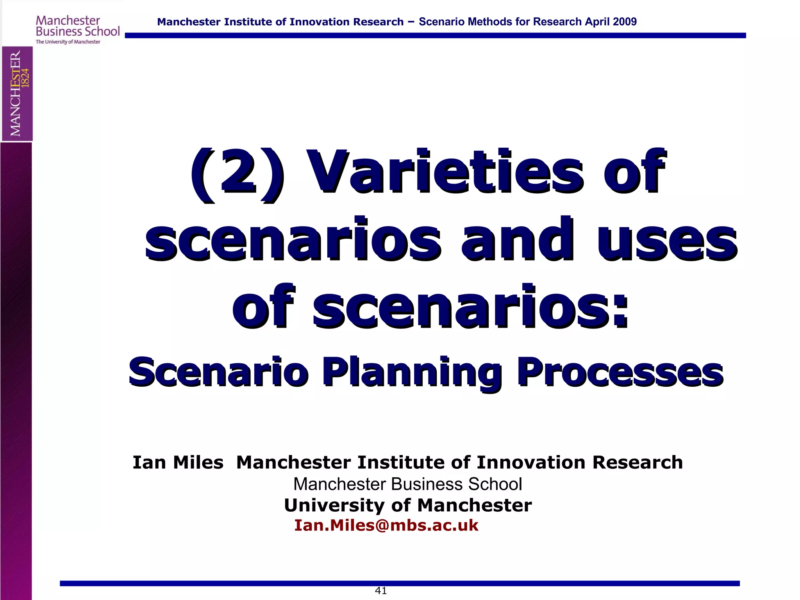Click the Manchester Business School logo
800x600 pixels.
(x=77, y=26)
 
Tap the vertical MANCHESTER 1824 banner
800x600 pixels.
(x=17, y=94)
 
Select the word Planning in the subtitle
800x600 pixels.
(x=412, y=373)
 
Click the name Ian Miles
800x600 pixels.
(x=178, y=462)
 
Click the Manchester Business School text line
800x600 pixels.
(x=407, y=484)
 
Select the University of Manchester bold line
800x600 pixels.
(x=407, y=505)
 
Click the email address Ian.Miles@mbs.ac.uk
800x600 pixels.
(x=386, y=525)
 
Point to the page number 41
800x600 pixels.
(x=380, y=591)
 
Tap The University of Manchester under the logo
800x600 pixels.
(x=68, y=42)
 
